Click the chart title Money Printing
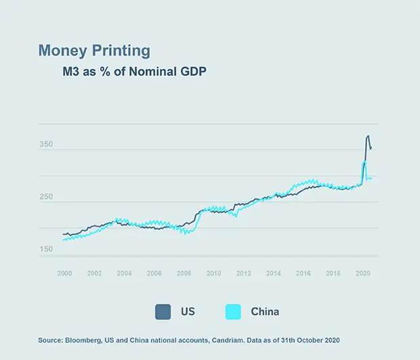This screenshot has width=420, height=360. pyautogui.click(x=94, y=51)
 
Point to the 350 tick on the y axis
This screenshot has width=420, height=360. pyautogui.click(x=46, y=145)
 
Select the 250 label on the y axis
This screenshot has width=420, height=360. pyautogui.click(x=46, y=197)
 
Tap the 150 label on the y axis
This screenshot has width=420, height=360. pyautogui.click(x=46, y=249)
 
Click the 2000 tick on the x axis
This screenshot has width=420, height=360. pyautogui.click(x=64, y=273)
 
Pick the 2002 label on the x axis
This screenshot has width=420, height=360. pyautogui.click(x=94, y=273)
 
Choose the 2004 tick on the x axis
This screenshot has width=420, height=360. pyautogui.click(x=124, y=273)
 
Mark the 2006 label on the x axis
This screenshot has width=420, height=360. pyautogui.click(x=154, y=273)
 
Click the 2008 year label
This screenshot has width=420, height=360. pyautogui.click(x=184, y=273)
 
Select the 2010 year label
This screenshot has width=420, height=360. pyautogui.click(x=213, y=273)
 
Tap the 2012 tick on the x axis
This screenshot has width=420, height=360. pyautogui.click(x=243, y=273)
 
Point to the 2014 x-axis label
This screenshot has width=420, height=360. pyautogui.click(x=273, y=273)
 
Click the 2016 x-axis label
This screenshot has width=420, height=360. pyautogui.click(x=303, y=273)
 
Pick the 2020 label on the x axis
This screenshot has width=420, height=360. pyautogui.click(x=362, y=273)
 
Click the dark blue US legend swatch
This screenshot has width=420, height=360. pyautogui.click(x=163, y=311)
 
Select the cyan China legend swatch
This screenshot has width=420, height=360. pyautogui.click(x=233, y=311)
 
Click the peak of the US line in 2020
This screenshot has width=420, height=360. pyautogui.click(x=368, y=135)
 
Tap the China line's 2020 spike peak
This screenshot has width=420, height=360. pyautogui.click(x=364, y=162)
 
